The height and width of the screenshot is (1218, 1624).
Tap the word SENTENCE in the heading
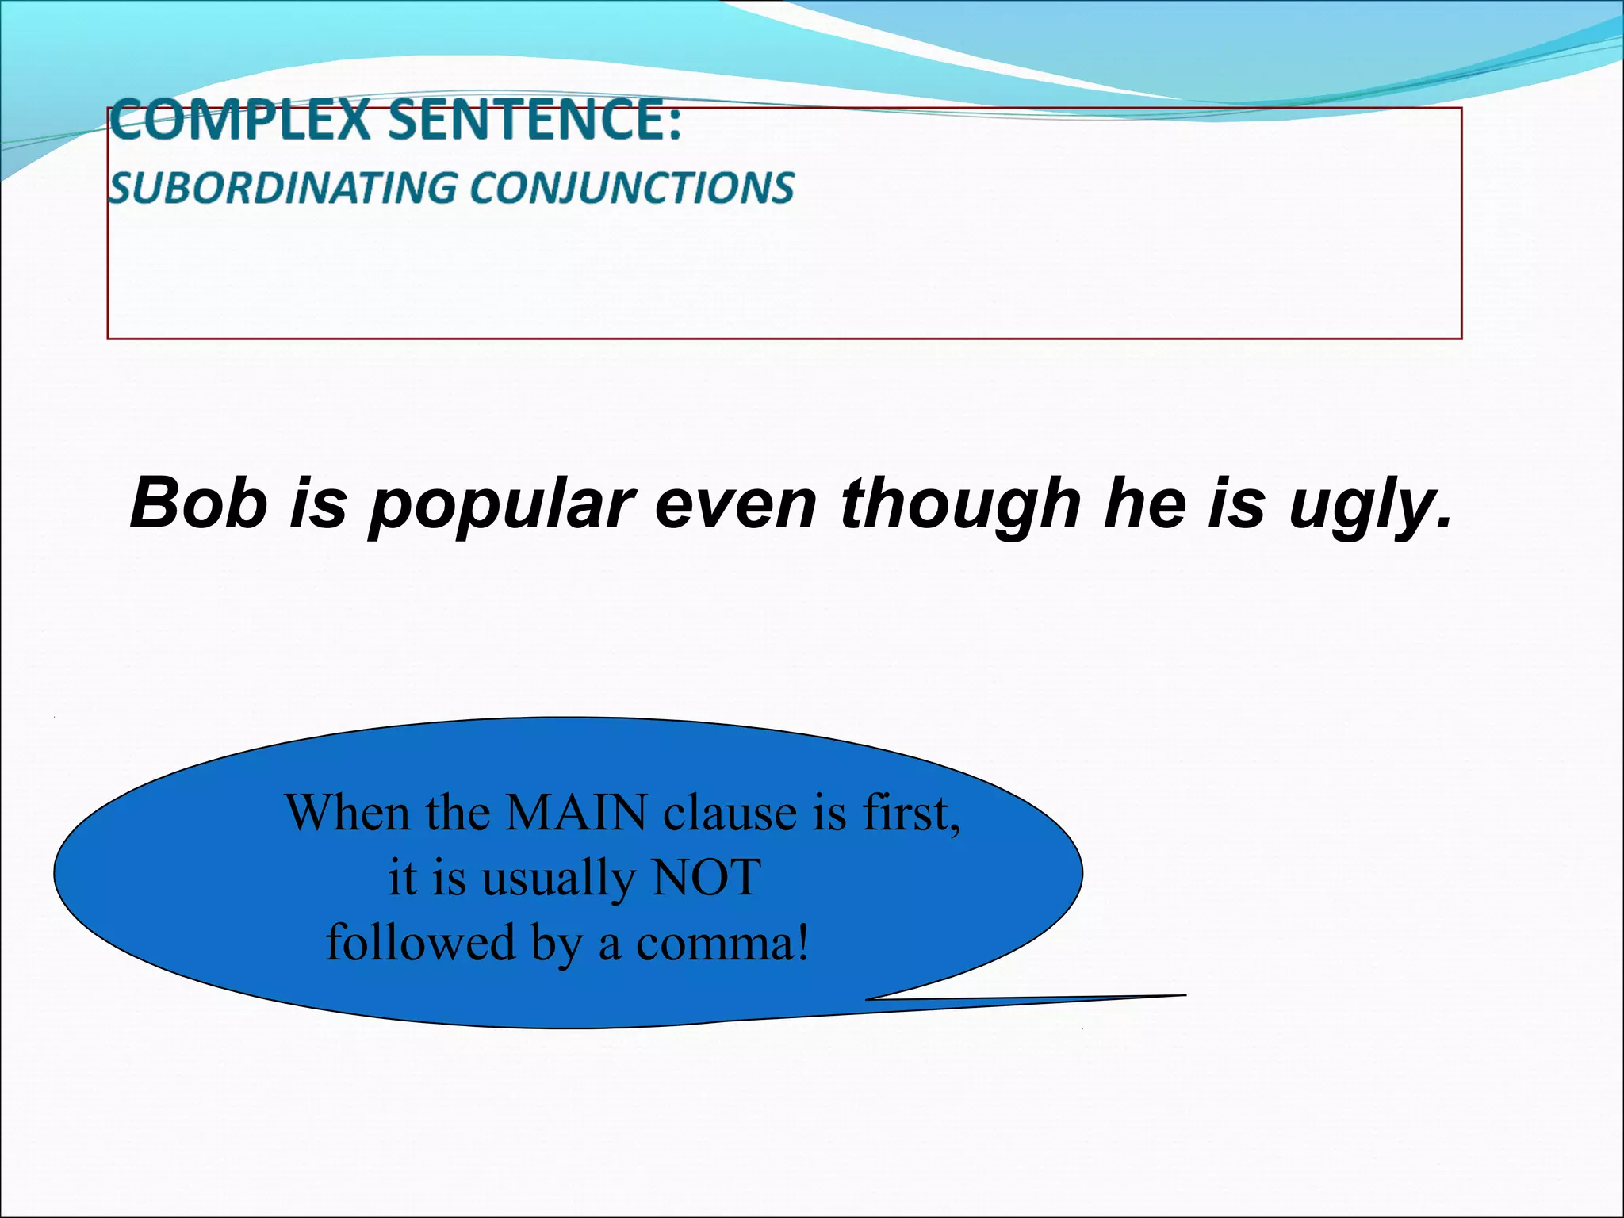(524, 120)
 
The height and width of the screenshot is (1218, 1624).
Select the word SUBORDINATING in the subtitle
(282, 189)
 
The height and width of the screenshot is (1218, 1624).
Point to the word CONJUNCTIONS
(632, 189)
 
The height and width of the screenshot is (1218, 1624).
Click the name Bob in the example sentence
(198, 503)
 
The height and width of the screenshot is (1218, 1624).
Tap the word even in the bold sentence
(735, 504)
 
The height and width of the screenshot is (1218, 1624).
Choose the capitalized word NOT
(705, 878)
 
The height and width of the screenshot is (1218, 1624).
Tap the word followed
(421, 943)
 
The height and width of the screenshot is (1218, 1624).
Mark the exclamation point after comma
(802, 943)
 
